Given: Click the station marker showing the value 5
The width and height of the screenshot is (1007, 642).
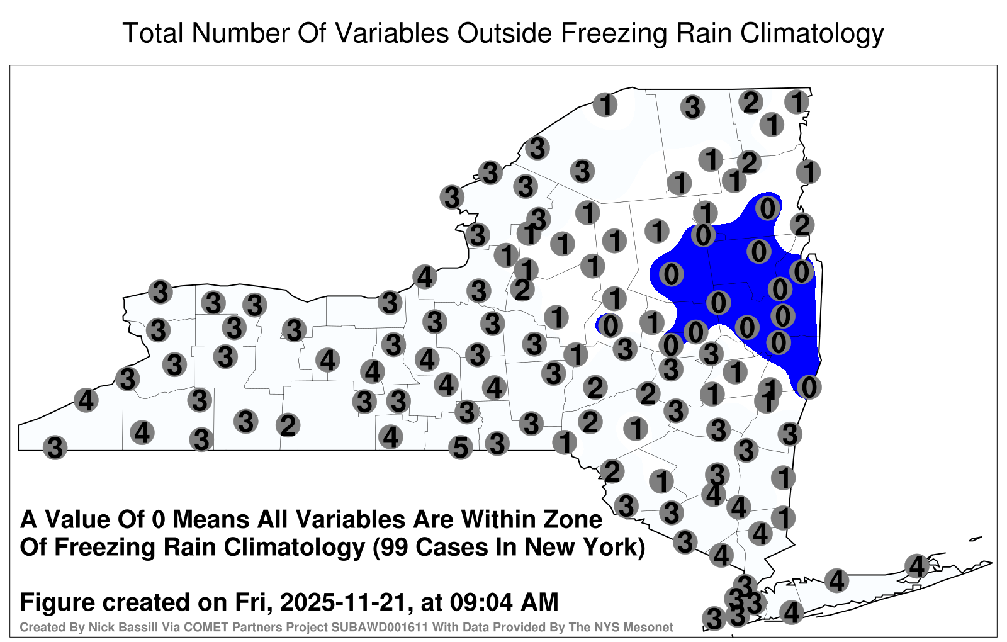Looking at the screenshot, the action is click(460, 448).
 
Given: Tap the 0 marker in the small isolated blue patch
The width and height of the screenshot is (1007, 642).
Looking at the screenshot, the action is click(610, 325).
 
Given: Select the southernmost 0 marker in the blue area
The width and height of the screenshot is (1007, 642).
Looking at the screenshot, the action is click(809, 387).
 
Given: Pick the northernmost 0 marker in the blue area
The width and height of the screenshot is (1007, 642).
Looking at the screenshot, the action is click(768, 208).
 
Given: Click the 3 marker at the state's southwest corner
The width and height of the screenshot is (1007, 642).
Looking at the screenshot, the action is click(55, 448).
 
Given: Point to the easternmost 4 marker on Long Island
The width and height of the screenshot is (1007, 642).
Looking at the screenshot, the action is click(916, 566).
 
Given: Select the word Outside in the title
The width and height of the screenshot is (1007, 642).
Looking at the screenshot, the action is click(504, 33).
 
